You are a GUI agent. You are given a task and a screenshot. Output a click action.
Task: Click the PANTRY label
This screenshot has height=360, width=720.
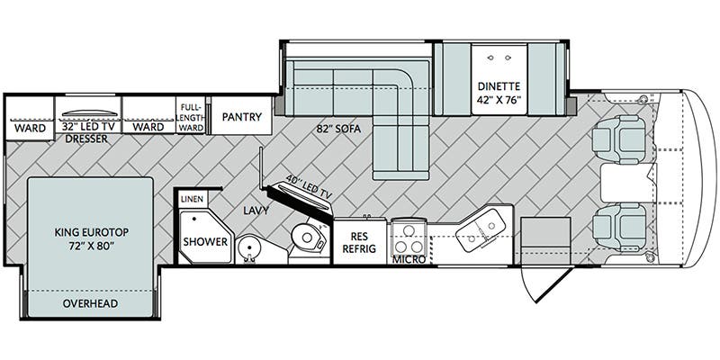241,117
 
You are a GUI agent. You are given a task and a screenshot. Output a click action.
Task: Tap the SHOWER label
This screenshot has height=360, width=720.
206,241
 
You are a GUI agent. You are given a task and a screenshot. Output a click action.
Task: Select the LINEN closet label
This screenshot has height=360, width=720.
193,199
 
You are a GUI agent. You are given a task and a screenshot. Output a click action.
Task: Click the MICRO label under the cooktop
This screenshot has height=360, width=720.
409,259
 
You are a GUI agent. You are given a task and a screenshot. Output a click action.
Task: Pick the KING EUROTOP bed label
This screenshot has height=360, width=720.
92,238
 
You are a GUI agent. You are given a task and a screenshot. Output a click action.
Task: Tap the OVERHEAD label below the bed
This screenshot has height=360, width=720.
90,303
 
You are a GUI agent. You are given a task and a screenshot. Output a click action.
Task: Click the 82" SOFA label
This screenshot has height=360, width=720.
338,129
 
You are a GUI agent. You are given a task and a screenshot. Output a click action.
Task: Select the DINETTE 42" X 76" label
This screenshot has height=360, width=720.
499,93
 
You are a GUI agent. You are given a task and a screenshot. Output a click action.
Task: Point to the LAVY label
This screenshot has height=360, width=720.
256,211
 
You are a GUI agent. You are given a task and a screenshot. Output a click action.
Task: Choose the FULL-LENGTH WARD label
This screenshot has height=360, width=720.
191,117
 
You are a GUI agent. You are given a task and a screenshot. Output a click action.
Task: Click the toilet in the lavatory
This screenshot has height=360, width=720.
308,237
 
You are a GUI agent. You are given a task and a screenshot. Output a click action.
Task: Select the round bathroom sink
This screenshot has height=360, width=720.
249,249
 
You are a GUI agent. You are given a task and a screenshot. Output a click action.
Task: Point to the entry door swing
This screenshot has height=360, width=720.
546,283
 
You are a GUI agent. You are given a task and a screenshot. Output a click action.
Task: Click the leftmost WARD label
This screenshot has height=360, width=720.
30,128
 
